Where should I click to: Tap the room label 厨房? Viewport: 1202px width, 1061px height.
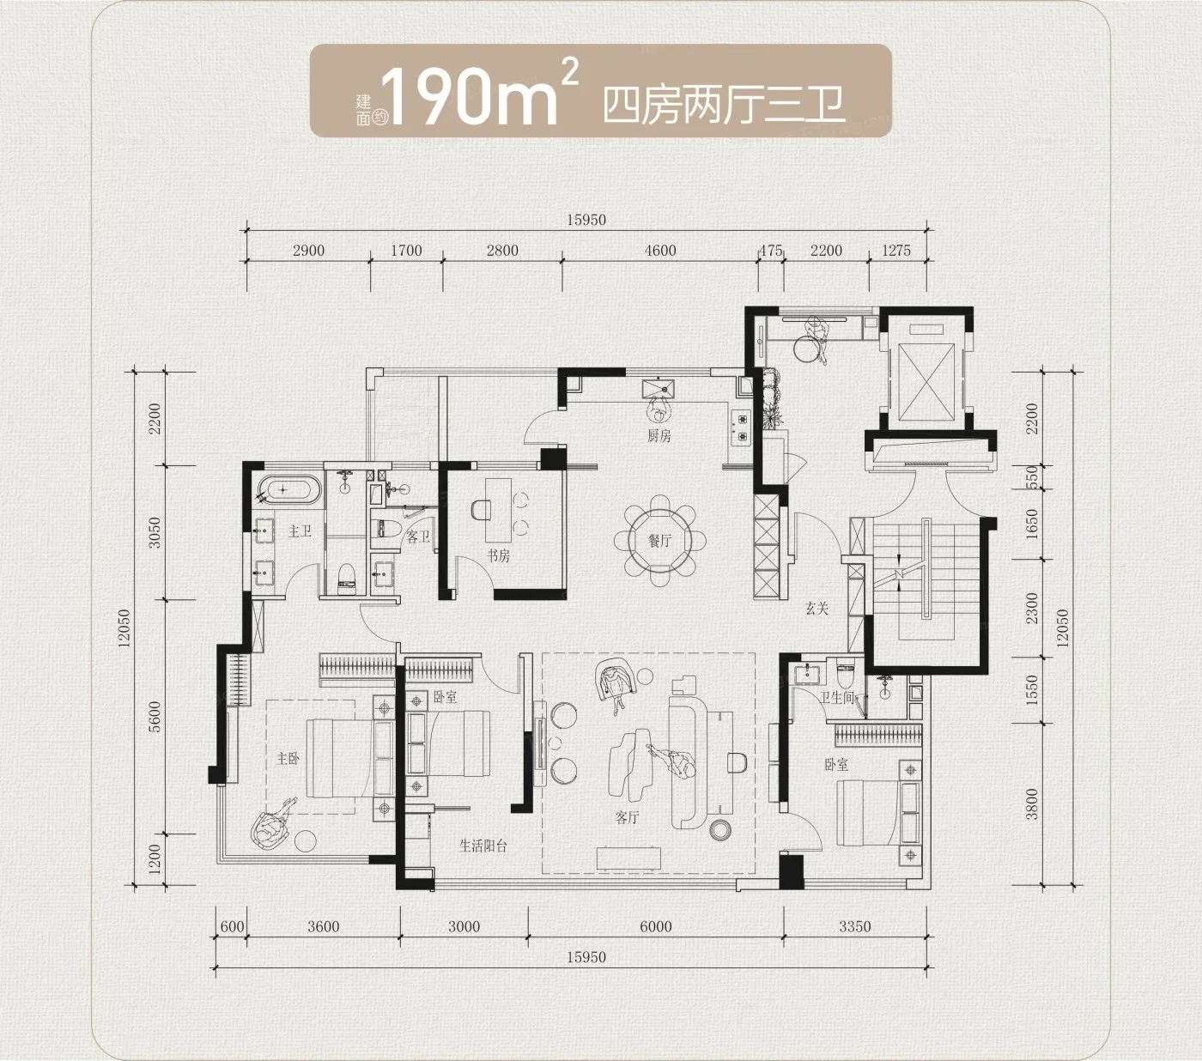click(x=659, y=436)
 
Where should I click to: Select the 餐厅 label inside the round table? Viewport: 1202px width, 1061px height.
click(x=659, y=540)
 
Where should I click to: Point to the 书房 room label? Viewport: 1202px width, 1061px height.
click(x=498, y=555)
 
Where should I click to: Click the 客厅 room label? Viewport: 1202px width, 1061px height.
click(x=627, y=817)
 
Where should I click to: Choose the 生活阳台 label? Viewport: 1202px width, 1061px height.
click(x=483, y=846)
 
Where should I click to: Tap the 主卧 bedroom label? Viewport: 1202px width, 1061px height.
click(x=288, y=758)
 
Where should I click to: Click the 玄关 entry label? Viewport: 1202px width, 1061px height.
click(x=817, y=608)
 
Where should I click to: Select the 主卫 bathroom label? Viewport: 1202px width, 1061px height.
click(x=300, y=530)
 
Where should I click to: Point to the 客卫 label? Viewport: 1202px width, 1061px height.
click(x=417, y=537)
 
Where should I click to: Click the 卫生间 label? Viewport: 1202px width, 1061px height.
click(x=837, y=697)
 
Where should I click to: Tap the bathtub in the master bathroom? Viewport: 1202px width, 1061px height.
click(x=287, y=490)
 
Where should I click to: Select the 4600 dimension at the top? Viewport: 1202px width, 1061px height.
click(x=659, y=251)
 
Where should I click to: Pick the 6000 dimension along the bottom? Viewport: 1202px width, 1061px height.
click(x=656, y=926)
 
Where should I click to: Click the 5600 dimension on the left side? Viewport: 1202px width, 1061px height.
click(x=155, y=717)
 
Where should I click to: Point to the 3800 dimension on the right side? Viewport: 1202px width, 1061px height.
click(x=1032, y=803)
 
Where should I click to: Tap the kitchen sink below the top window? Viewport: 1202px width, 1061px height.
click(x=658, y=388)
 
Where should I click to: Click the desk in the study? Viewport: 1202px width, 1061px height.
click(x=498, y=510)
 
